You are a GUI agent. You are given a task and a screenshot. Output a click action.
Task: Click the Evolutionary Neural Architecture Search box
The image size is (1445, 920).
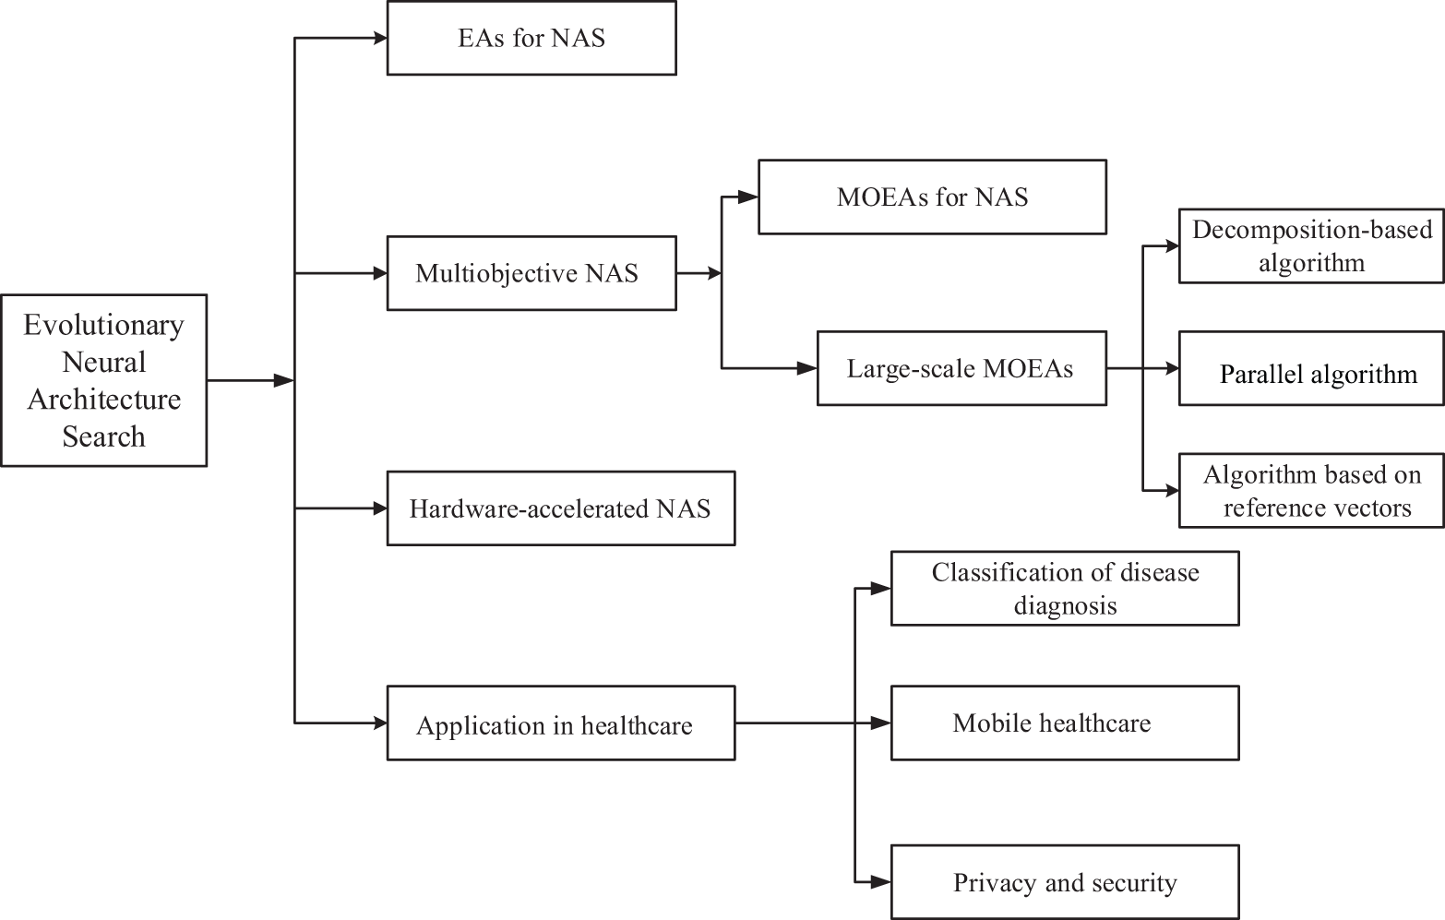[x=103, y=380]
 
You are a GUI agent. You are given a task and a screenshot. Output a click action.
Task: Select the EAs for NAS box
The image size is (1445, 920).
[x=531, y=39]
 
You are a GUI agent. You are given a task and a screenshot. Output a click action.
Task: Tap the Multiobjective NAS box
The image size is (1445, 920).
[x=531, y=273]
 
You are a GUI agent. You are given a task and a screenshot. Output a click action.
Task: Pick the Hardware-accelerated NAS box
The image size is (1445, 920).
[x=561, y=508]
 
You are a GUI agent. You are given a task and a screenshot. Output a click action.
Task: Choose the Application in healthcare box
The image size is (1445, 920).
[x=561, y=723]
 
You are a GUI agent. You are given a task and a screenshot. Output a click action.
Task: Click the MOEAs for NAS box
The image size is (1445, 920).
[x=932, y=197]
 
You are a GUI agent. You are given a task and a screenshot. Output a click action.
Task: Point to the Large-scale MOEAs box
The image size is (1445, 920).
[x=961, y=368]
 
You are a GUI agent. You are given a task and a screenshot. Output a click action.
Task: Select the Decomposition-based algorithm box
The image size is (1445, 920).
[x=1311, y=246]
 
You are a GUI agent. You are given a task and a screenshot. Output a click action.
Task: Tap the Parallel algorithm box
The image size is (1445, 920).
[x=1311, y=369]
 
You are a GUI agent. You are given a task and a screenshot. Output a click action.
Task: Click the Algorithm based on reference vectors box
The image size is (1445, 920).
[x=1311, y=491]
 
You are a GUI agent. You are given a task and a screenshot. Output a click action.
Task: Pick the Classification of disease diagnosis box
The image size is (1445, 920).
[x=1065, y=589]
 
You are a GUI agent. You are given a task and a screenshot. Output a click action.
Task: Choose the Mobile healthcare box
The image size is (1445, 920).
[x=1065, y=723]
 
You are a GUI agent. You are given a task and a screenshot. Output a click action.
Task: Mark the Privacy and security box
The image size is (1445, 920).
[x=1065, y=882]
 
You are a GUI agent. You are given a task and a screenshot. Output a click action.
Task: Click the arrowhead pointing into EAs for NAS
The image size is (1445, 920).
[x=378, y=39]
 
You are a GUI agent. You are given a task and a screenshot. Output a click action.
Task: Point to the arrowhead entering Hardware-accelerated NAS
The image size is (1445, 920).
[x=378, y=508]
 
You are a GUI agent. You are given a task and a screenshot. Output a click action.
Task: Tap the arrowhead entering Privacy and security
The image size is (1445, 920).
[x=882, y=882]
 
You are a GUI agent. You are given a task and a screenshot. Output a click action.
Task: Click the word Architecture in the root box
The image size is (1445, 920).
[x=103, y=400]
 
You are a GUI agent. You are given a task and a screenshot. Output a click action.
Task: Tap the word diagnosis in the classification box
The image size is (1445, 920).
[x=1065, y=606]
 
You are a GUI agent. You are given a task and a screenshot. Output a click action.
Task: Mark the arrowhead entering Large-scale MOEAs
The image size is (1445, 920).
[x=808, y=368]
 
